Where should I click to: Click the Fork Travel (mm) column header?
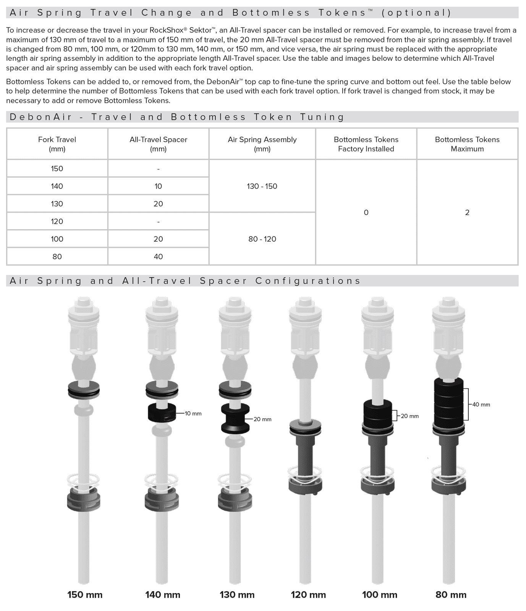(x=57, y=144)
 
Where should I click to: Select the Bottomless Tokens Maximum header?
(x=467, y=144)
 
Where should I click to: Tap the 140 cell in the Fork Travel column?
(x=57, y=186)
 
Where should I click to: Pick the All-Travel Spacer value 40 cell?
(x=158, y=257)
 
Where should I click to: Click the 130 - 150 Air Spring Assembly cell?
(x=262, y=186)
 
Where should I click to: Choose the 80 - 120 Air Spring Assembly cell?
(x=262, y=239)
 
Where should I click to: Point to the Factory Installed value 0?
(x=366, y=212)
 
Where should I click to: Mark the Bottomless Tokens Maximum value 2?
(x=467, y=212)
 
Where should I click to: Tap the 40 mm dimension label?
(x=481, y=404)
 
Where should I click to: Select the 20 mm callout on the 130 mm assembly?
(x=262, y=419)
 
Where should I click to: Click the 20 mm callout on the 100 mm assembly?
(x=409, y=416)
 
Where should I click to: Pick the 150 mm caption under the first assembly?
(x=85, y=595)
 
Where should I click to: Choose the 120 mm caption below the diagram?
(x=308, y=595)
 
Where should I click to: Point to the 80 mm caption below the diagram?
(x=451, y=595)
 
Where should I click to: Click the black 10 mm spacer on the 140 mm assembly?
(x=162, y=412)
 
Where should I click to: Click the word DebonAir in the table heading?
(x=41, y=117)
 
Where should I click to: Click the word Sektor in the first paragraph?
(x=200, y=30)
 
